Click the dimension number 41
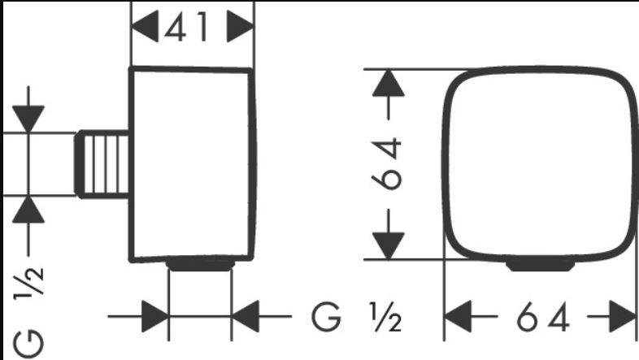tap(187, 27)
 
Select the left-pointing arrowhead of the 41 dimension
tap(145, 27)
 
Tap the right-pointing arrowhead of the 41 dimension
tap(240, 27)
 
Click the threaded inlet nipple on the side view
tap(102, 164)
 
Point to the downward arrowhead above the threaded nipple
tap(28, 119)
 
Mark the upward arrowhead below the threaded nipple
tap(28, 210)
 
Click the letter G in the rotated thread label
tap(28, 343)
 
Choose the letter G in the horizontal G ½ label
tap(326, 317)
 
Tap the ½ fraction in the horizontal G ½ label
tap(385, 317)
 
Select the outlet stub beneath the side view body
tap(201, 265)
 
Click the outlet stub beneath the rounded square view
tap(541, 266)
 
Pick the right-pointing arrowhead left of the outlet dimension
tap(155, 316)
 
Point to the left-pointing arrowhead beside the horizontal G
tap(246, 316)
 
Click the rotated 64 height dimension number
tap(387, 163)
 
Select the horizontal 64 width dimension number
tap(543, 317)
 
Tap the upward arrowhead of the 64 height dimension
tap(389, 83)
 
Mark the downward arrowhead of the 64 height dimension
tap(389, 245)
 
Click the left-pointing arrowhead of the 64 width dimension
tap(458, 316)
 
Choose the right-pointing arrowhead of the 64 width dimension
tap(622, 316)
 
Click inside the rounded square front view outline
tap(541, 163)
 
